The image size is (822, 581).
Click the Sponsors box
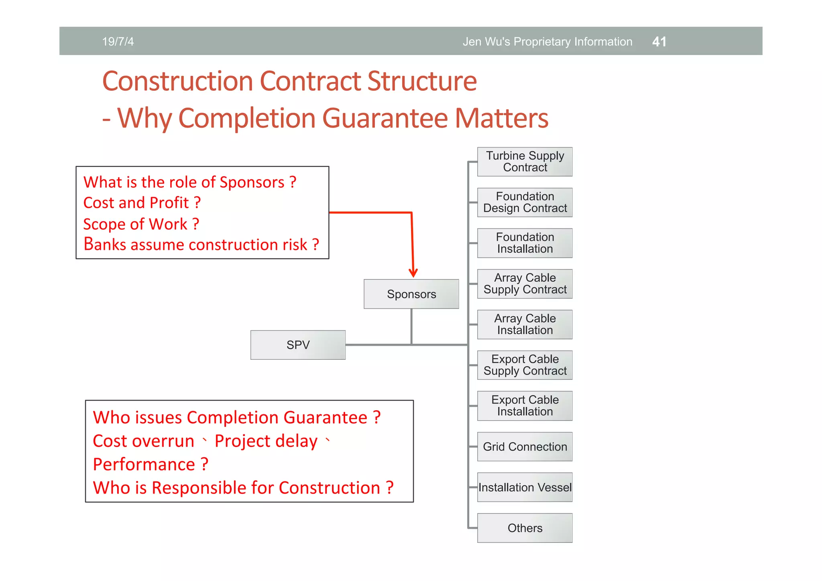pos(411,294)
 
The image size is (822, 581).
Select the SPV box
pos(298,345)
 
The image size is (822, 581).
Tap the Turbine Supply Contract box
pos(525,162)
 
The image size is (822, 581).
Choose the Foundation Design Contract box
pos(525,202)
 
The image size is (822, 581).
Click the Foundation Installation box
pos(525,243)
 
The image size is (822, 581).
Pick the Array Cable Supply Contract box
pos(525,284)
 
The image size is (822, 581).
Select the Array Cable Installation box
pos(525,324)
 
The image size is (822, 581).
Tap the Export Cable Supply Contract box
pos(525,365)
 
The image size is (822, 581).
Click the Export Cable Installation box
pos(525,406)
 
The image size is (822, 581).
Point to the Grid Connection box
pos(525,446)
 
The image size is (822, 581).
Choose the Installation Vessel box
pos(525,487)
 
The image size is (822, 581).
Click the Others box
pos(525,528)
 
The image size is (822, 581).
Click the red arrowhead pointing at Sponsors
pos(413,273)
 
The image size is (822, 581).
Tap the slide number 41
pos(659,42)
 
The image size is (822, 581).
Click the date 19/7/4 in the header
pos(118,42)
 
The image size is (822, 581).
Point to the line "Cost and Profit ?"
pos(142,203)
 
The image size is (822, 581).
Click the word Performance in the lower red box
pos(144,465)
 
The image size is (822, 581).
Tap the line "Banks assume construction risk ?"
pos(201,245)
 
